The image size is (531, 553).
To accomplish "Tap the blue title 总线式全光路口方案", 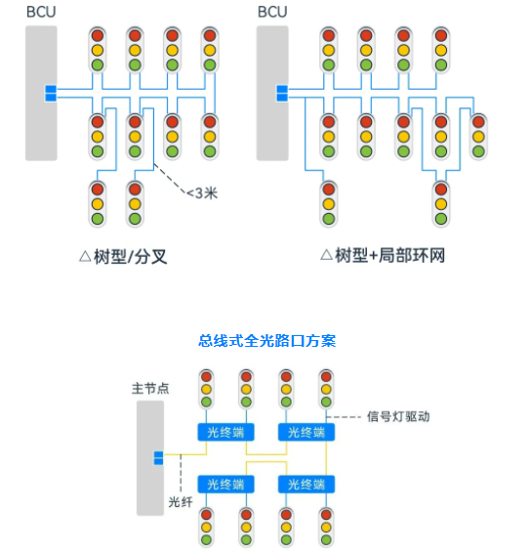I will [x=266, y=340].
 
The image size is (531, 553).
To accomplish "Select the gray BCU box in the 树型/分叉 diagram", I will [x=41, y=93].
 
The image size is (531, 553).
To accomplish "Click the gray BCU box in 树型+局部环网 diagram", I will [x=270, y=93].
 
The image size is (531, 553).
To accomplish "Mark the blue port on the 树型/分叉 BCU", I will [x=51, y=94].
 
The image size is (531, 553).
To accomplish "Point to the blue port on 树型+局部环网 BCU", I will [x=280, y=94].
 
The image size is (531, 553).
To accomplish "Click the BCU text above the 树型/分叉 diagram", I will [x=39, y=14].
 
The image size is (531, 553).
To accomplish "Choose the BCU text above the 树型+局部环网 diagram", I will [x=270, y=14].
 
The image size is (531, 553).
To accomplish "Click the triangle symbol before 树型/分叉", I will [x=85, y=257].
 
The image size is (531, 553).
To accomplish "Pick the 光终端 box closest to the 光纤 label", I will [x=225, y=483].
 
